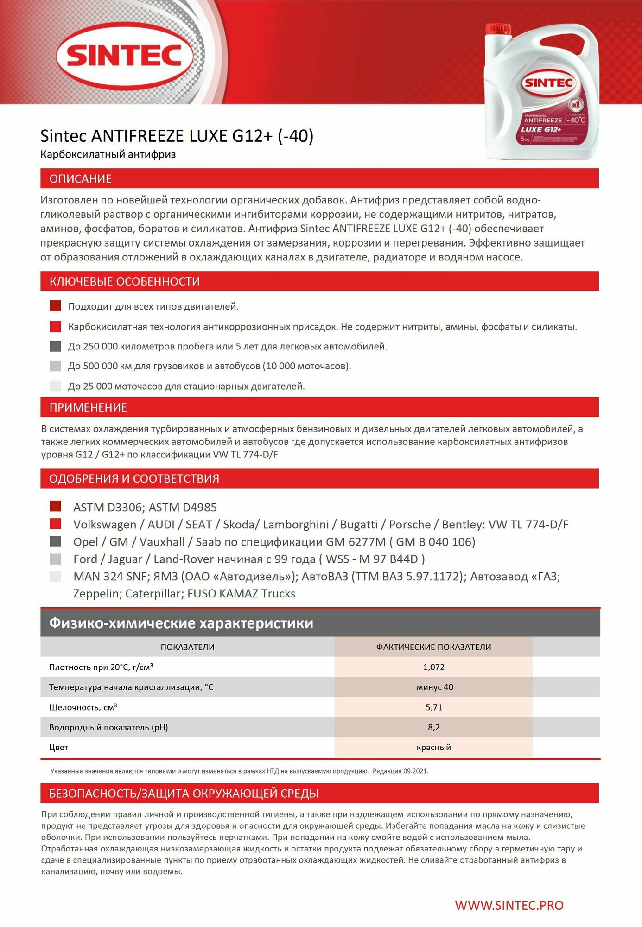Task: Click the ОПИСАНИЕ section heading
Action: coord(81,179)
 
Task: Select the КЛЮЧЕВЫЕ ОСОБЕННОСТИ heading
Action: coord(124,281)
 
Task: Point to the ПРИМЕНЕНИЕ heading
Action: coord(88,407)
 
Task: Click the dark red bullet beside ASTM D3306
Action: coord(56,506)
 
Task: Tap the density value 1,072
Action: coord(433,667)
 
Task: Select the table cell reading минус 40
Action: coord(434,687)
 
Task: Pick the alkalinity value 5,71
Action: coord(433,707)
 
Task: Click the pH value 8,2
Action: coord(433,727)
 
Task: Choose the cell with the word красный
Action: coord(433,747)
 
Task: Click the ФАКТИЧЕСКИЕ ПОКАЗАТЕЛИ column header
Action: coord(433,647)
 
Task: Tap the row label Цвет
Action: coord(58,747)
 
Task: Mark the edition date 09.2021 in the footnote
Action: coord(415,771)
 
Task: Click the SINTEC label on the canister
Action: coord(549,83)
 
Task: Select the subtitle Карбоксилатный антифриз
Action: coord(108,155)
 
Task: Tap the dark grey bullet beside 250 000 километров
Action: coord(56,346)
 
